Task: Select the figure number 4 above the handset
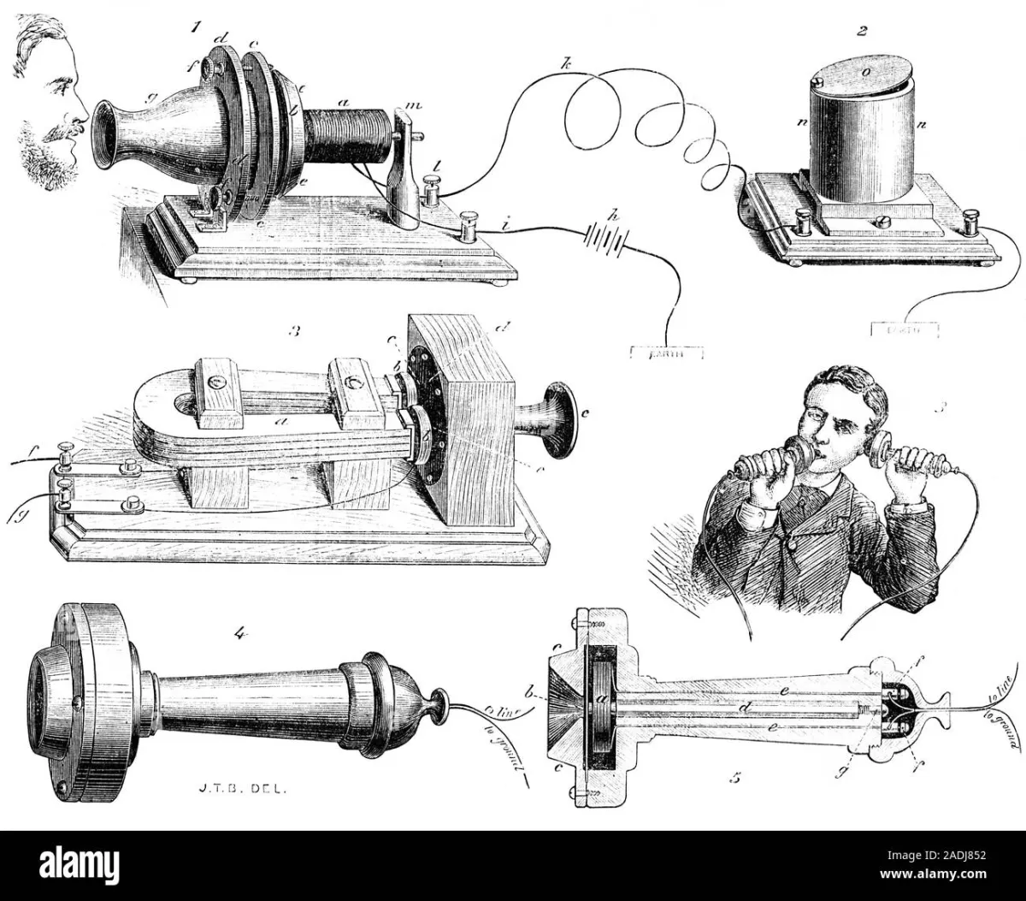240,633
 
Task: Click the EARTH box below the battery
666,352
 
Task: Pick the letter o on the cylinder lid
865,74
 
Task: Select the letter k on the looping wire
565,63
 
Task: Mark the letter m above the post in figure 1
416,105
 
